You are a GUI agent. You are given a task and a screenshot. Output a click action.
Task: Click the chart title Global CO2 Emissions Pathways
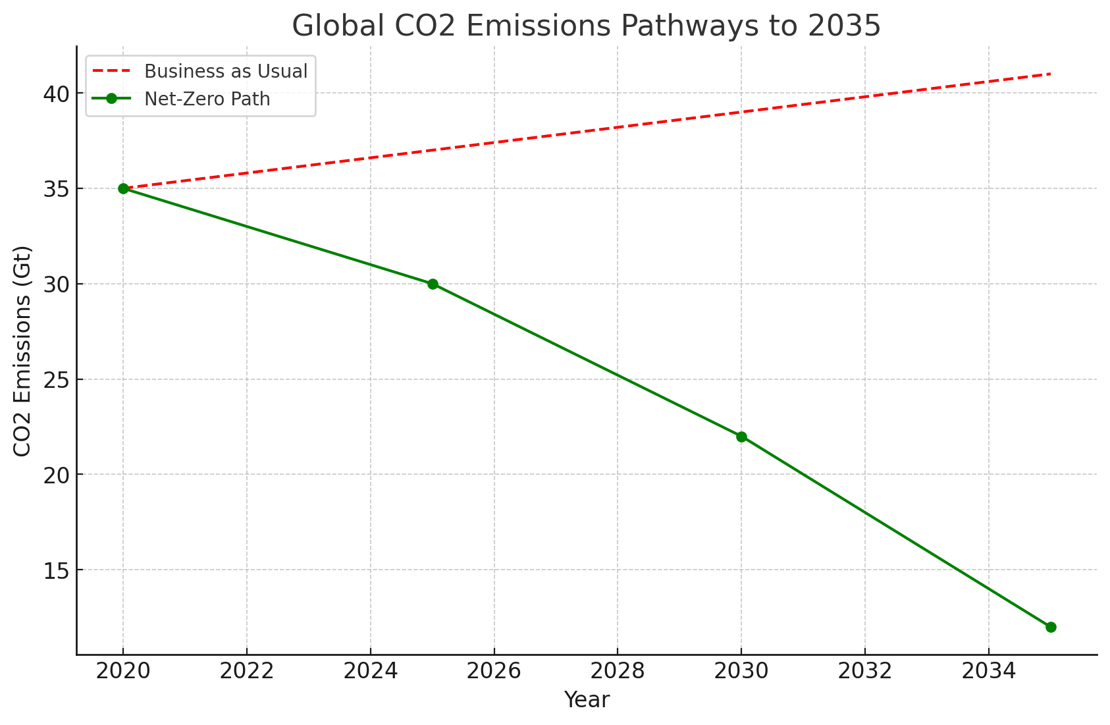pos(586,26)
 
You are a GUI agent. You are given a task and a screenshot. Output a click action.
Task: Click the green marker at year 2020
pos(123,188)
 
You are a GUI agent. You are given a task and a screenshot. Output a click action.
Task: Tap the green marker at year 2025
pos(433,284)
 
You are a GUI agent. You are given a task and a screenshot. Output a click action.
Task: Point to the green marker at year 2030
pos(741,437)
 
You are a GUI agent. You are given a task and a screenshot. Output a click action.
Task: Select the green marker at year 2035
pos(1051,627)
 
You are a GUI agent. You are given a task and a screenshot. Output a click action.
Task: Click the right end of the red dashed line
pos(1050,74)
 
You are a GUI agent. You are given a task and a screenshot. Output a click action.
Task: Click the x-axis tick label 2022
pos(247,671)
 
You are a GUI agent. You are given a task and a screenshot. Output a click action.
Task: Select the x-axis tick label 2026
pos(494,671)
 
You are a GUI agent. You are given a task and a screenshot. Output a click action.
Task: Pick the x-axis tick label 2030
pos(741,671)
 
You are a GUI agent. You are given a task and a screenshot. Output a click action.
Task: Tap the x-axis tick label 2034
pos(988,671)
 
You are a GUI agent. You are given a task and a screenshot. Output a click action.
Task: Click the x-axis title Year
pos(587,700)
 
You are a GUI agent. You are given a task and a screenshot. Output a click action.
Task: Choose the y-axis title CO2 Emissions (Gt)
pos(23,350)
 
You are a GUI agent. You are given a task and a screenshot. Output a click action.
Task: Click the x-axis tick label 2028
pos(618,671)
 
